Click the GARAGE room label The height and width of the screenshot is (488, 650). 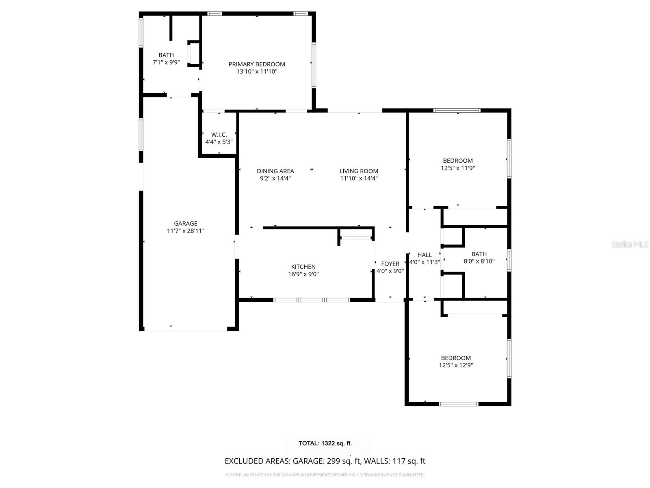pos(185,223)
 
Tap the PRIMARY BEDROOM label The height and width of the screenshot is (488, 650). pos(256,64)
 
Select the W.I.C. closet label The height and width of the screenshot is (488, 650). pos(219,135)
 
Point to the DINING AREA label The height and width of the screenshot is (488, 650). pos(275,171)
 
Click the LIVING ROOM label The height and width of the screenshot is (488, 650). pos(359,171)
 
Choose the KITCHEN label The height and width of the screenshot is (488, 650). pos(303,267)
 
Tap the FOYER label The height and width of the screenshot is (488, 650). pos(390,264)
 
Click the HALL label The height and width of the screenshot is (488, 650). pos(425,255)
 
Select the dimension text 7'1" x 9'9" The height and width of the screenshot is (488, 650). pos(166,62)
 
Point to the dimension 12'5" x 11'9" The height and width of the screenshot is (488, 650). pos(457,168)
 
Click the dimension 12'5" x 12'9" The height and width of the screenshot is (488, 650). pos(456,365)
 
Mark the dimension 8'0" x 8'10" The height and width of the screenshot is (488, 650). pos(479,261)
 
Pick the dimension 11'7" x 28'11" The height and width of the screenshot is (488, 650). pos(185,231)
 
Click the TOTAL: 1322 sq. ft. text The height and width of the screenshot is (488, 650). pos(325,443)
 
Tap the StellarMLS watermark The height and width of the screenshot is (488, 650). pos(629,244)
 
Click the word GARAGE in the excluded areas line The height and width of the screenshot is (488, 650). pos(308,461)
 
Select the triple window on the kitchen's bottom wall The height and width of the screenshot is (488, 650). pos(312,300)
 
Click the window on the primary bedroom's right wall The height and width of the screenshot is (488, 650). pos(314,65)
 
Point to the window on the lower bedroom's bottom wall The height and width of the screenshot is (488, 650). pos(458,404)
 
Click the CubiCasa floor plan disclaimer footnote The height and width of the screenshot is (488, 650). pos(325,475)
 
